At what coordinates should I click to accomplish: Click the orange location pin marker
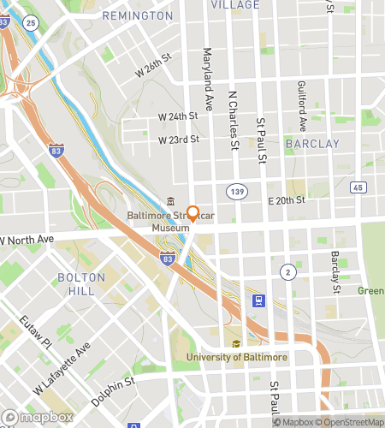(x=193, y=214)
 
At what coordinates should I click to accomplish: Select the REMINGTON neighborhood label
(x=137, y=16)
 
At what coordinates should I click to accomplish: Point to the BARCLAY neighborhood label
(x=312, y=144)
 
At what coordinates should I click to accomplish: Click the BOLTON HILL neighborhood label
(x=80, y=284)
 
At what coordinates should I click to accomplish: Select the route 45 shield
(x=358, y=187)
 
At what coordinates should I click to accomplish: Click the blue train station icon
(x=258, y=300)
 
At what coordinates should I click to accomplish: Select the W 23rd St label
(x=178, y=139)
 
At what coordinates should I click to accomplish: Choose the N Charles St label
(x=233, y=121)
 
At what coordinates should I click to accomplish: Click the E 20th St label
(x=287, y=200)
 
